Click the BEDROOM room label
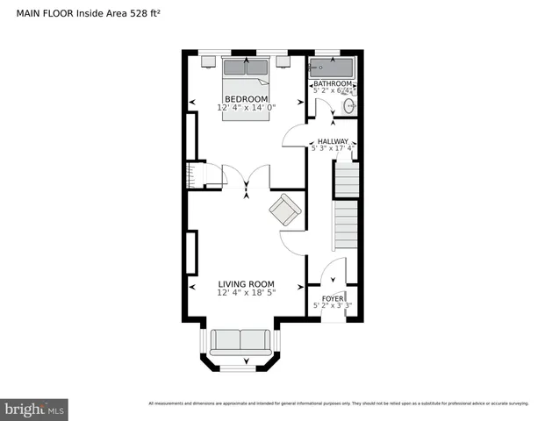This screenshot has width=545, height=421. [x=246, y=99]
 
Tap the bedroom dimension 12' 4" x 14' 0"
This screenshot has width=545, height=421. [x=247, y=108]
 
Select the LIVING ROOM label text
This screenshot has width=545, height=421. [x=246, y=284]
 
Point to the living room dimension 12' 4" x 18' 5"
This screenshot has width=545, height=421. [x=246, y=293]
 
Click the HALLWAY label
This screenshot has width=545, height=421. [x=333, y=141]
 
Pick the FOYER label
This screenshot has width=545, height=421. [x=333, y=298]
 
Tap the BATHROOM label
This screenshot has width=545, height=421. [x=333, y=83]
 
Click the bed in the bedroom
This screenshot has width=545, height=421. [x=247, y=88]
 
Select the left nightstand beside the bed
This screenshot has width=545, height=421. [x=209, y=62]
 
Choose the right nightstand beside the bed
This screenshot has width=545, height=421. [x=284, y=62]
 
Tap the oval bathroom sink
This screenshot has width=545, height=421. [x=349, y=106]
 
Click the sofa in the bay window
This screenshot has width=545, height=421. [x=240, y=340]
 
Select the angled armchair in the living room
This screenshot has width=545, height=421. [x=285, y=210]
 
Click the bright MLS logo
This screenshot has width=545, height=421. [x=35, y=409]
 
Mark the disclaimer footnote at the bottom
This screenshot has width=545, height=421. [x=339, y=403]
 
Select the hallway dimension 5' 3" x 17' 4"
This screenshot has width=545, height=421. [x=333, y=149]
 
